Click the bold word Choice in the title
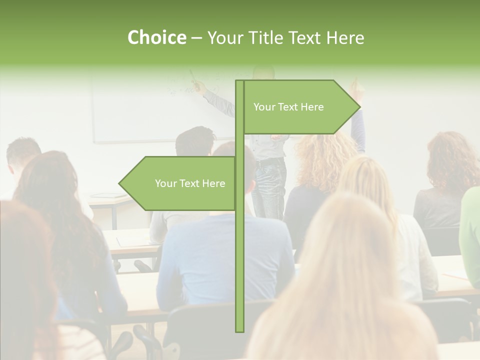coord(156,38)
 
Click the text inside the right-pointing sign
coord(288,107)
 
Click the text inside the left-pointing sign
coord(190,183)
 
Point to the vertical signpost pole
coord(239,260)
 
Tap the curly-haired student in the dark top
coord(445,185)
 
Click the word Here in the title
coord(345,38)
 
